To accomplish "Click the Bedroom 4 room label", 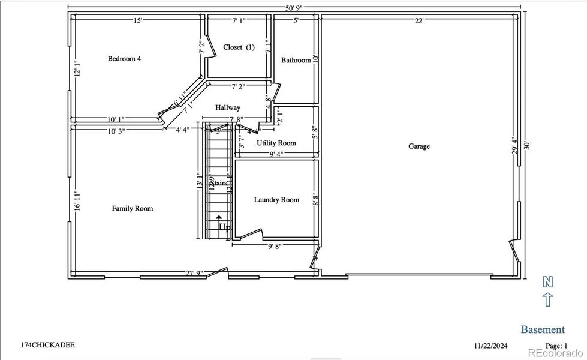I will tap(124, 59).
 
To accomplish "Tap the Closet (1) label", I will tap(239, 47).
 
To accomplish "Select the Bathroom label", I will tap(296, 60).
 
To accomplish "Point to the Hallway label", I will tap(228, 107).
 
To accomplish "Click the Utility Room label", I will tap(276, 143).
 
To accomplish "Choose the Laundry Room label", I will tap(276, 200).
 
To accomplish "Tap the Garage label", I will tap(419, 146).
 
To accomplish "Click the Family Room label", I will tap(133, 209).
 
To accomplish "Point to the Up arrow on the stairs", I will tap(219, 220).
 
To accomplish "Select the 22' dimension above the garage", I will tap(419, 21).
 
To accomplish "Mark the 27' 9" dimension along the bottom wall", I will tap(194, 274).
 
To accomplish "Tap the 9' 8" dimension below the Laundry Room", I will tap(275, 246).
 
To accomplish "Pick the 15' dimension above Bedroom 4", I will tap(137, 21).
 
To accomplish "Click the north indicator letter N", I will tap(547, 281).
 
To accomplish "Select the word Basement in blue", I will tap(542, 329).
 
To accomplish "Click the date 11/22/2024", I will tap(491, 346).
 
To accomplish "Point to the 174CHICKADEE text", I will tap(48, 346).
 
